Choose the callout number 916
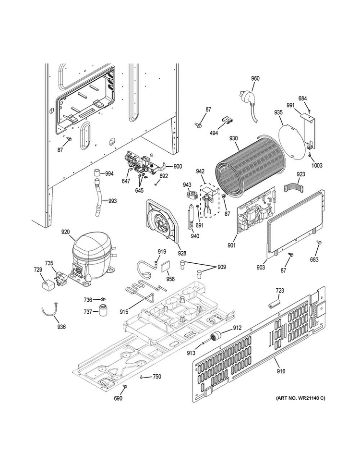tap(281, 371)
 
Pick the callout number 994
tap(109, 173)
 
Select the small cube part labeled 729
tap(47, 285)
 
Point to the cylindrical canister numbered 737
tap(103, 310)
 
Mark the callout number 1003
tap(317, 165)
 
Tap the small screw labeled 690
tap(125, 386)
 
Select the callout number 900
tap(178, 166)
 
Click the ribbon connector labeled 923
tap(293, 188)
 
